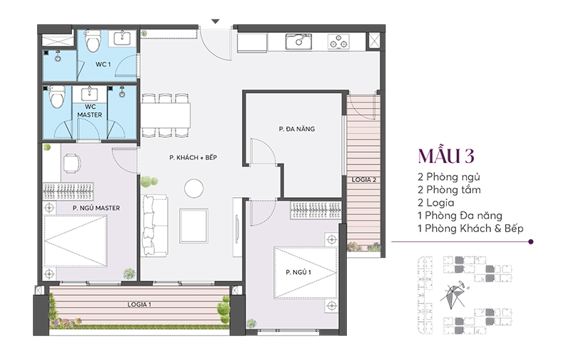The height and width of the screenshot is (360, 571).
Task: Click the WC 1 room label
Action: coord(103,65)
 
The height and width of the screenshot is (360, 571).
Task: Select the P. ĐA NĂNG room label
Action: coord(297,129)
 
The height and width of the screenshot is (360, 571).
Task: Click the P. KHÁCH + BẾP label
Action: coord(193,157)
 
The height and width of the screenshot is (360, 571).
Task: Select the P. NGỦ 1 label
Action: coord(298,272)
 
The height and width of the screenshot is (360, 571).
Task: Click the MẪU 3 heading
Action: coord(446,156)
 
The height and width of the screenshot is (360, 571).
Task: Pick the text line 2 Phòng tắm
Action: coord(450,189)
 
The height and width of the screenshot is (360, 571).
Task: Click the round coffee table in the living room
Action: coord(193,189)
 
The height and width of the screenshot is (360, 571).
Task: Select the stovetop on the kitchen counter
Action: coord(339,41)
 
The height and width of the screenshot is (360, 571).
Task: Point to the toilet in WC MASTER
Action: coord(58,95)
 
